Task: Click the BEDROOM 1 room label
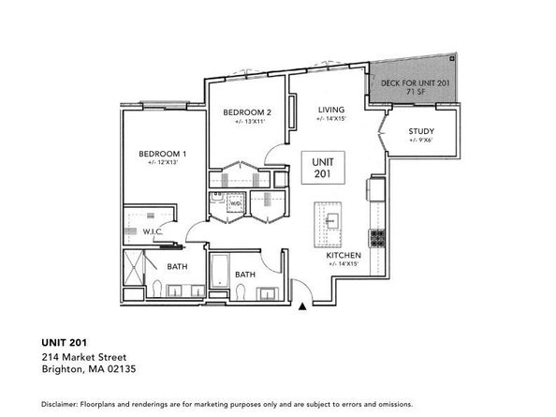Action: (163, 154)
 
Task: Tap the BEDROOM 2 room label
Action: (247, 112)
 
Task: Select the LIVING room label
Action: (331, 109)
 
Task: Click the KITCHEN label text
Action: (344, 255)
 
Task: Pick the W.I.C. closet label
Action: (154, 231)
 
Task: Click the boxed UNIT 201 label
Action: (322, 169)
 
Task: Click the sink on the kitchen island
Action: (331, 219)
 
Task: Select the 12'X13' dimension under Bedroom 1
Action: (163, 163)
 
